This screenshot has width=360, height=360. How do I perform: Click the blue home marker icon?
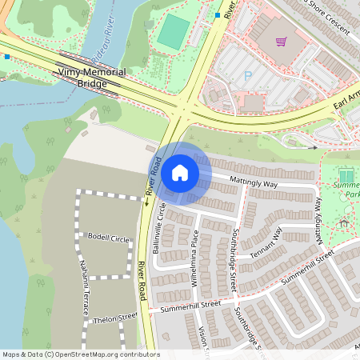pyautogui.click(x=180, y=172)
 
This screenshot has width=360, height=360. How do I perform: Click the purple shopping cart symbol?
pyautogui.click(x=281, y=42)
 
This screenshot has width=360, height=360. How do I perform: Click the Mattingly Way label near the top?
pyautogui.click(x=254, y=183)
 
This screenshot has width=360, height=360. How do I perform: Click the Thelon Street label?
pyautogui.click(x=116, y=318)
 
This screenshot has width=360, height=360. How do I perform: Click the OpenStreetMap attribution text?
pyautogui.click(x=81, y=354)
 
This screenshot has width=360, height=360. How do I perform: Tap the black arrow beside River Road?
pyautogui.click(x=147, y=203)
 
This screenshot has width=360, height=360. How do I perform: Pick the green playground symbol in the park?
pyautogui.click(x=346, y=175)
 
